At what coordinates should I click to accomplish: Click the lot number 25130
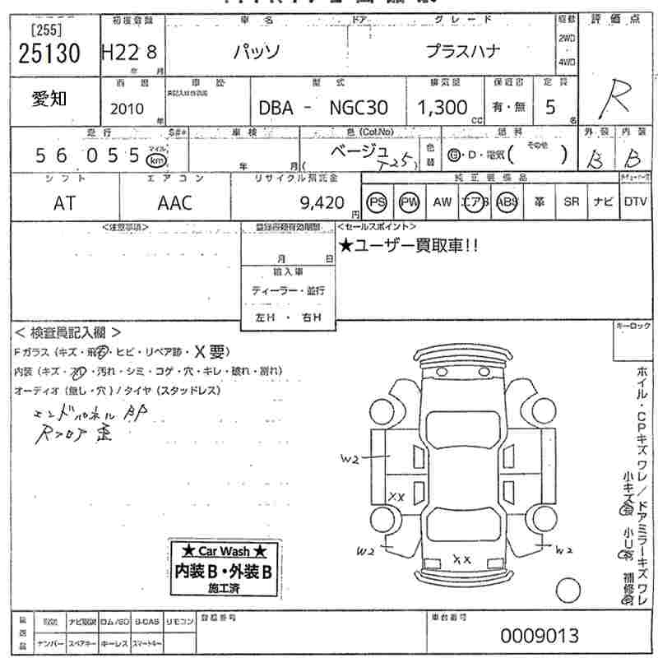pyautogui.click(x=49, y=53)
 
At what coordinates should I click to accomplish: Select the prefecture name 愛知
pyautogui.click(x=50, y=99)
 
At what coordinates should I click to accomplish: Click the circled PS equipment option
pyautogui.click(x=378, y=202)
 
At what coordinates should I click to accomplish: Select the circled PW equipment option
pyautogui.click(x=409, y=202)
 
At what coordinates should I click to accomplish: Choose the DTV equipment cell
pyautogui.click(x=634, y=202)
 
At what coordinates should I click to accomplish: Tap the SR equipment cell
pyautogui.click(x=570, y=202)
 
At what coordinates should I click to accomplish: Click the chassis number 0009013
pyautogui.click(x=540, y=636)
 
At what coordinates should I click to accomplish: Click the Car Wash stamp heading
pyautogui.click(x=225, y=551)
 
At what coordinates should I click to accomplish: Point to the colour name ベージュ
pyautogui.click(x=363, y=151)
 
